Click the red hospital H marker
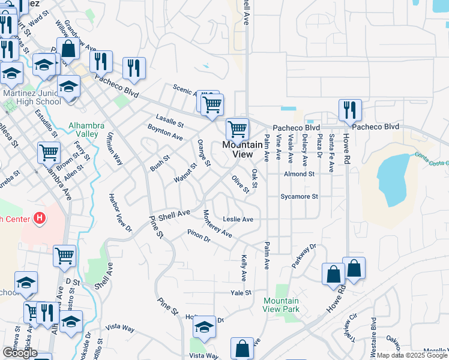(x=40, y=217)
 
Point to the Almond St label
(x=299, y=174)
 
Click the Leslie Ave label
(x=238, y=220)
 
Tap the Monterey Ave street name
(x=217, y=224)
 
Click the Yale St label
(x=240, y=293)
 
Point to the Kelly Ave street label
(x=244, y=268)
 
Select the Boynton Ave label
(x=165, y=133)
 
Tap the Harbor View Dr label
(x=120, y=212)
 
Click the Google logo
(x=20, y=353)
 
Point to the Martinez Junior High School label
(x=32, y=97)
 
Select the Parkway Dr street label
(x=304, y=256)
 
